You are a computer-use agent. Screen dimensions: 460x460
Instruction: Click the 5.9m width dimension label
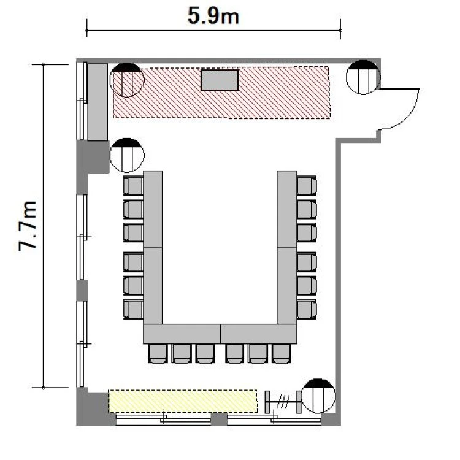(x=213, y=16)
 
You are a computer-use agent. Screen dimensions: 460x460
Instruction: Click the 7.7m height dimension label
(x=28, y=226)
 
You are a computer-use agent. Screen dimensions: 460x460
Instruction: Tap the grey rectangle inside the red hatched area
(x=220, y=80)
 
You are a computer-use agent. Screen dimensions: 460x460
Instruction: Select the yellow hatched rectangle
(x=183, y=401)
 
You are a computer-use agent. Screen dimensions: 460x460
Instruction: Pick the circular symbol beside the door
(x=363, y=77)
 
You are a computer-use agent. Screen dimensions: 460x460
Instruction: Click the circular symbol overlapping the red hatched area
(x=127, y=80)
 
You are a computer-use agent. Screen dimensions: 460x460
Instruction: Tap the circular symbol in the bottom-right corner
(x=318, y=396)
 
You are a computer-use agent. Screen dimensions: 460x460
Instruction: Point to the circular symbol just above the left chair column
(x=127, y=155)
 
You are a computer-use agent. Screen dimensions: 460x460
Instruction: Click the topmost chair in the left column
(x=133, y=186)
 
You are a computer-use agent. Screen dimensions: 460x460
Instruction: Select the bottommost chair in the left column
(x=133, y=309)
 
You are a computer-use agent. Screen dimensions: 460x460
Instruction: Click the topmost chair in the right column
(x=307, y=186)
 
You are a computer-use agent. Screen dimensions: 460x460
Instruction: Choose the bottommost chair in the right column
(x=307, y=309)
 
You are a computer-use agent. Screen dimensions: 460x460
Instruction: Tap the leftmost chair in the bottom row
(x=158, y=354)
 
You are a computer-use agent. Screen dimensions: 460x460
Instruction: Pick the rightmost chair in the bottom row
(x=281, y=354)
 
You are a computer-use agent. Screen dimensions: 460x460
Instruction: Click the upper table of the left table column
(x=153, y=209)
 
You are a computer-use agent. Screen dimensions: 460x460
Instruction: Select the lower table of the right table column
(x=287, y=286)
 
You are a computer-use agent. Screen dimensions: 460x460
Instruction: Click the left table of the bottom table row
(x=182, y=334)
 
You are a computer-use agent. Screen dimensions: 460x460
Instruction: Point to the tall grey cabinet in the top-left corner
(x=98, y=102)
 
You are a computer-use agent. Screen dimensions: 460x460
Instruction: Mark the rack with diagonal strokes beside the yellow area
(x=283, y=402)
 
